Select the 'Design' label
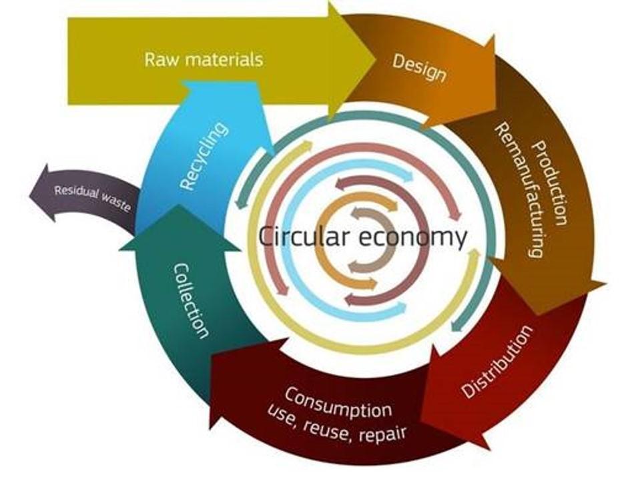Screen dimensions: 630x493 click(419, 68)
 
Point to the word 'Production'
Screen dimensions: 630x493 click(551, 183)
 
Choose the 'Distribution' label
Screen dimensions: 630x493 click(497, 361)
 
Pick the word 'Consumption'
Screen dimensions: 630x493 click(338, 403)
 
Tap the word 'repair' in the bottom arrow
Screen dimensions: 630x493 click(382, 434)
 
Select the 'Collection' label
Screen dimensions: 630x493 click(192, 301)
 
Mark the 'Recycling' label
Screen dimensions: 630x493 click(204, 156)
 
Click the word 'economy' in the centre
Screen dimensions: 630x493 click(412, 237)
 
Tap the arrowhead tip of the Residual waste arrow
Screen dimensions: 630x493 click(30, 195)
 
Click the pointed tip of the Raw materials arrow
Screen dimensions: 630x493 click(376, 60)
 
